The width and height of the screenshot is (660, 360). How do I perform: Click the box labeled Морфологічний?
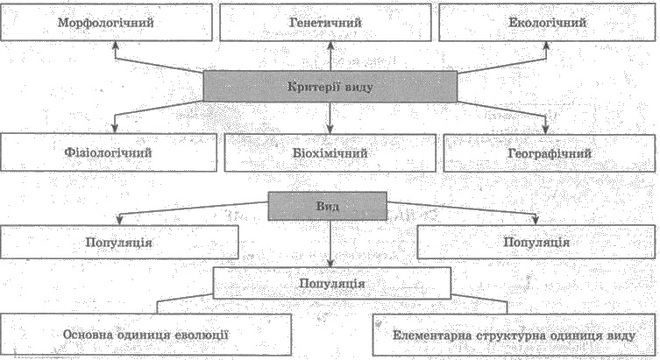pyautogui.click(x=106, y=22)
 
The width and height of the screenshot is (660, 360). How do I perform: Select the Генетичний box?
pyautogui.click(x=325, y=22)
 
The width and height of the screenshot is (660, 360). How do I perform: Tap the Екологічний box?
pyautogui.click(x=547, y=22)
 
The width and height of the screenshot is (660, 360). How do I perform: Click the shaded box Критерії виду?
pyautogui.click(x=330, y=87)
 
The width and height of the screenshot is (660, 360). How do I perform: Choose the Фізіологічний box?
pyautogui.click(x=109, y=152)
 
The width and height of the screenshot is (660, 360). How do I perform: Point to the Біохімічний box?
pyautogui.click(x=330, y=152)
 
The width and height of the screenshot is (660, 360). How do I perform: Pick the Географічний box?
pyautogui.click(x=550, y=153)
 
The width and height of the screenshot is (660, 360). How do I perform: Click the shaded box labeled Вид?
pyautogui.click(x=328, y=206)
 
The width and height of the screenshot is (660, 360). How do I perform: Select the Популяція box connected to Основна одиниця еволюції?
pyautogui.click(x=332, y=283)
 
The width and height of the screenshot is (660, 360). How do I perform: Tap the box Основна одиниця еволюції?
pyautogui.click(x=145, y=335)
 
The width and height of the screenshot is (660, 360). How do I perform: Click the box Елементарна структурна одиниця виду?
pyautogui.click(x=514, y=335)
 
